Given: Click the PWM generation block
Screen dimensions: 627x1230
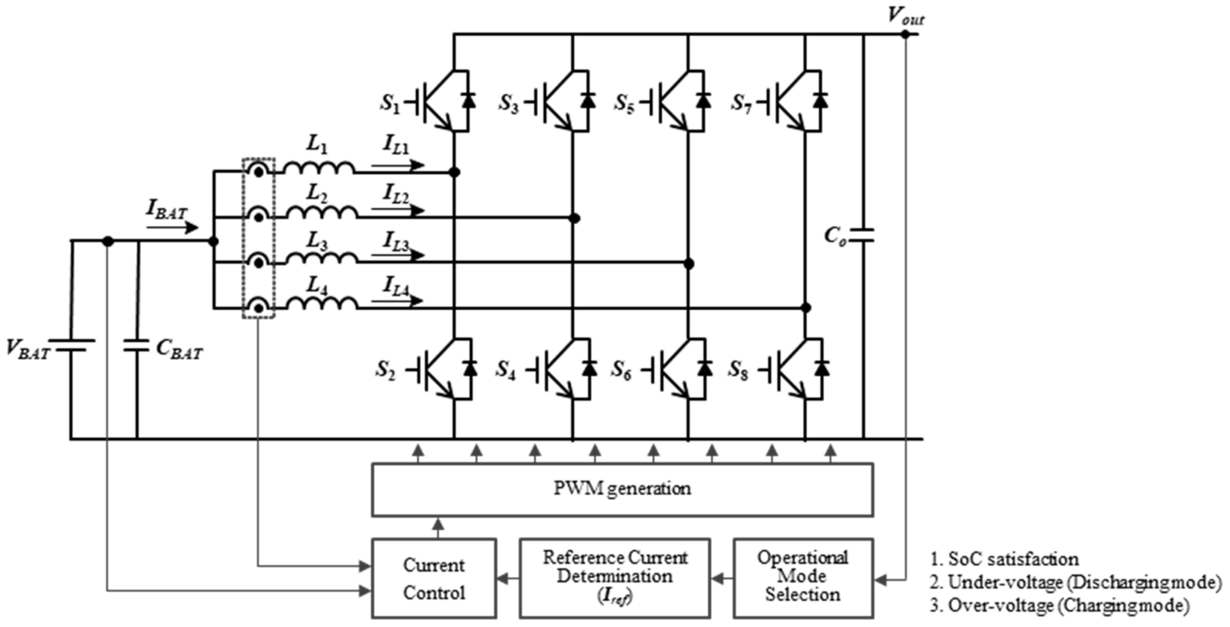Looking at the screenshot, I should [622, 489].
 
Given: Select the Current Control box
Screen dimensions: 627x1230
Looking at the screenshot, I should [433, 578].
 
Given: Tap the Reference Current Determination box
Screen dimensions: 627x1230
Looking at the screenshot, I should [615, 578].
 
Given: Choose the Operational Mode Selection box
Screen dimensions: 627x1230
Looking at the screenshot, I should [803, 578].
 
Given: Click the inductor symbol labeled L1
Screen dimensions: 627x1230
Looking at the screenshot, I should [319, 168].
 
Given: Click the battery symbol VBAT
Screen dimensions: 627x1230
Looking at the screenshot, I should [72, 345].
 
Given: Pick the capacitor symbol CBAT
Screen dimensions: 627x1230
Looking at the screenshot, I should [137, 346].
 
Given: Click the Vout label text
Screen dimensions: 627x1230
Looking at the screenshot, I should [905, 16].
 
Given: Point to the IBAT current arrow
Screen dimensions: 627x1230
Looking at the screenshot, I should [172, 228].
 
